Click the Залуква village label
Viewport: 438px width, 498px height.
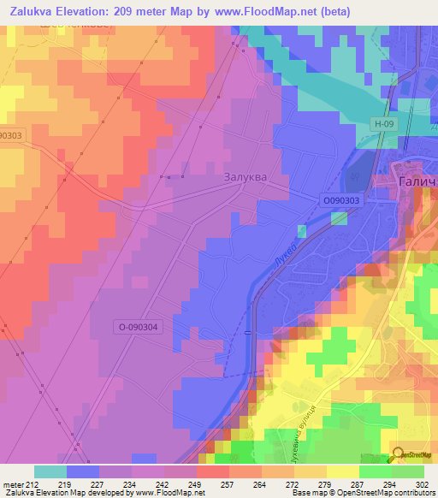click(245, 177)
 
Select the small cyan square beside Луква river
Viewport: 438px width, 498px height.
click(301, 231)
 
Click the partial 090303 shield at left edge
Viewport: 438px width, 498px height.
click(10, 134)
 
